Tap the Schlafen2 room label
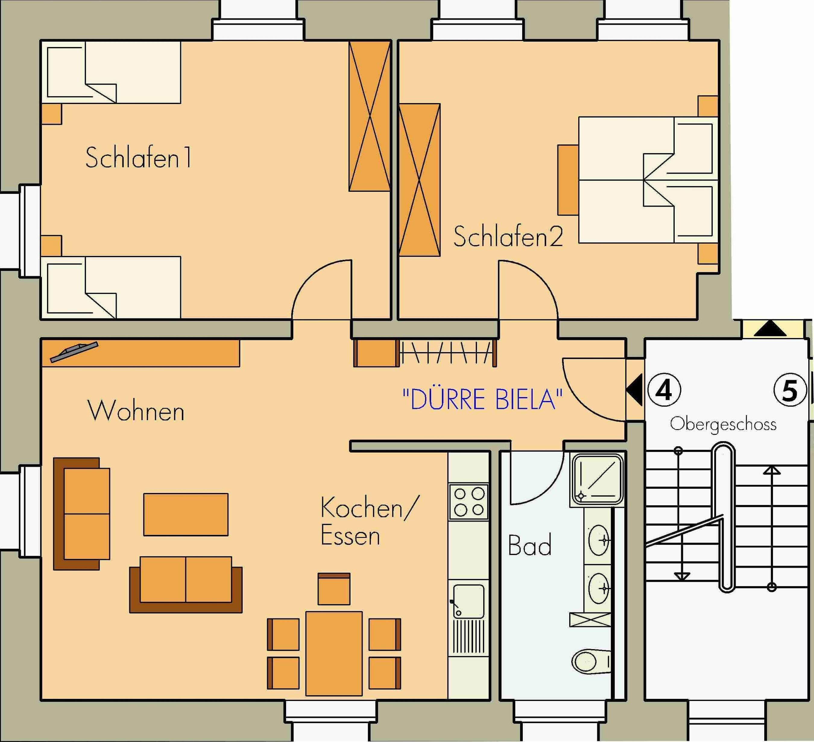click(x=508, y=237)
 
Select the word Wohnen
click(x=136, y=411)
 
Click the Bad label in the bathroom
click(x=530, y=545)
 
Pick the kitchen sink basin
click(x=469, y=601)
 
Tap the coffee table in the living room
click(x=186, y=514)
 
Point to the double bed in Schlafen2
click(x=648, y=180)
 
